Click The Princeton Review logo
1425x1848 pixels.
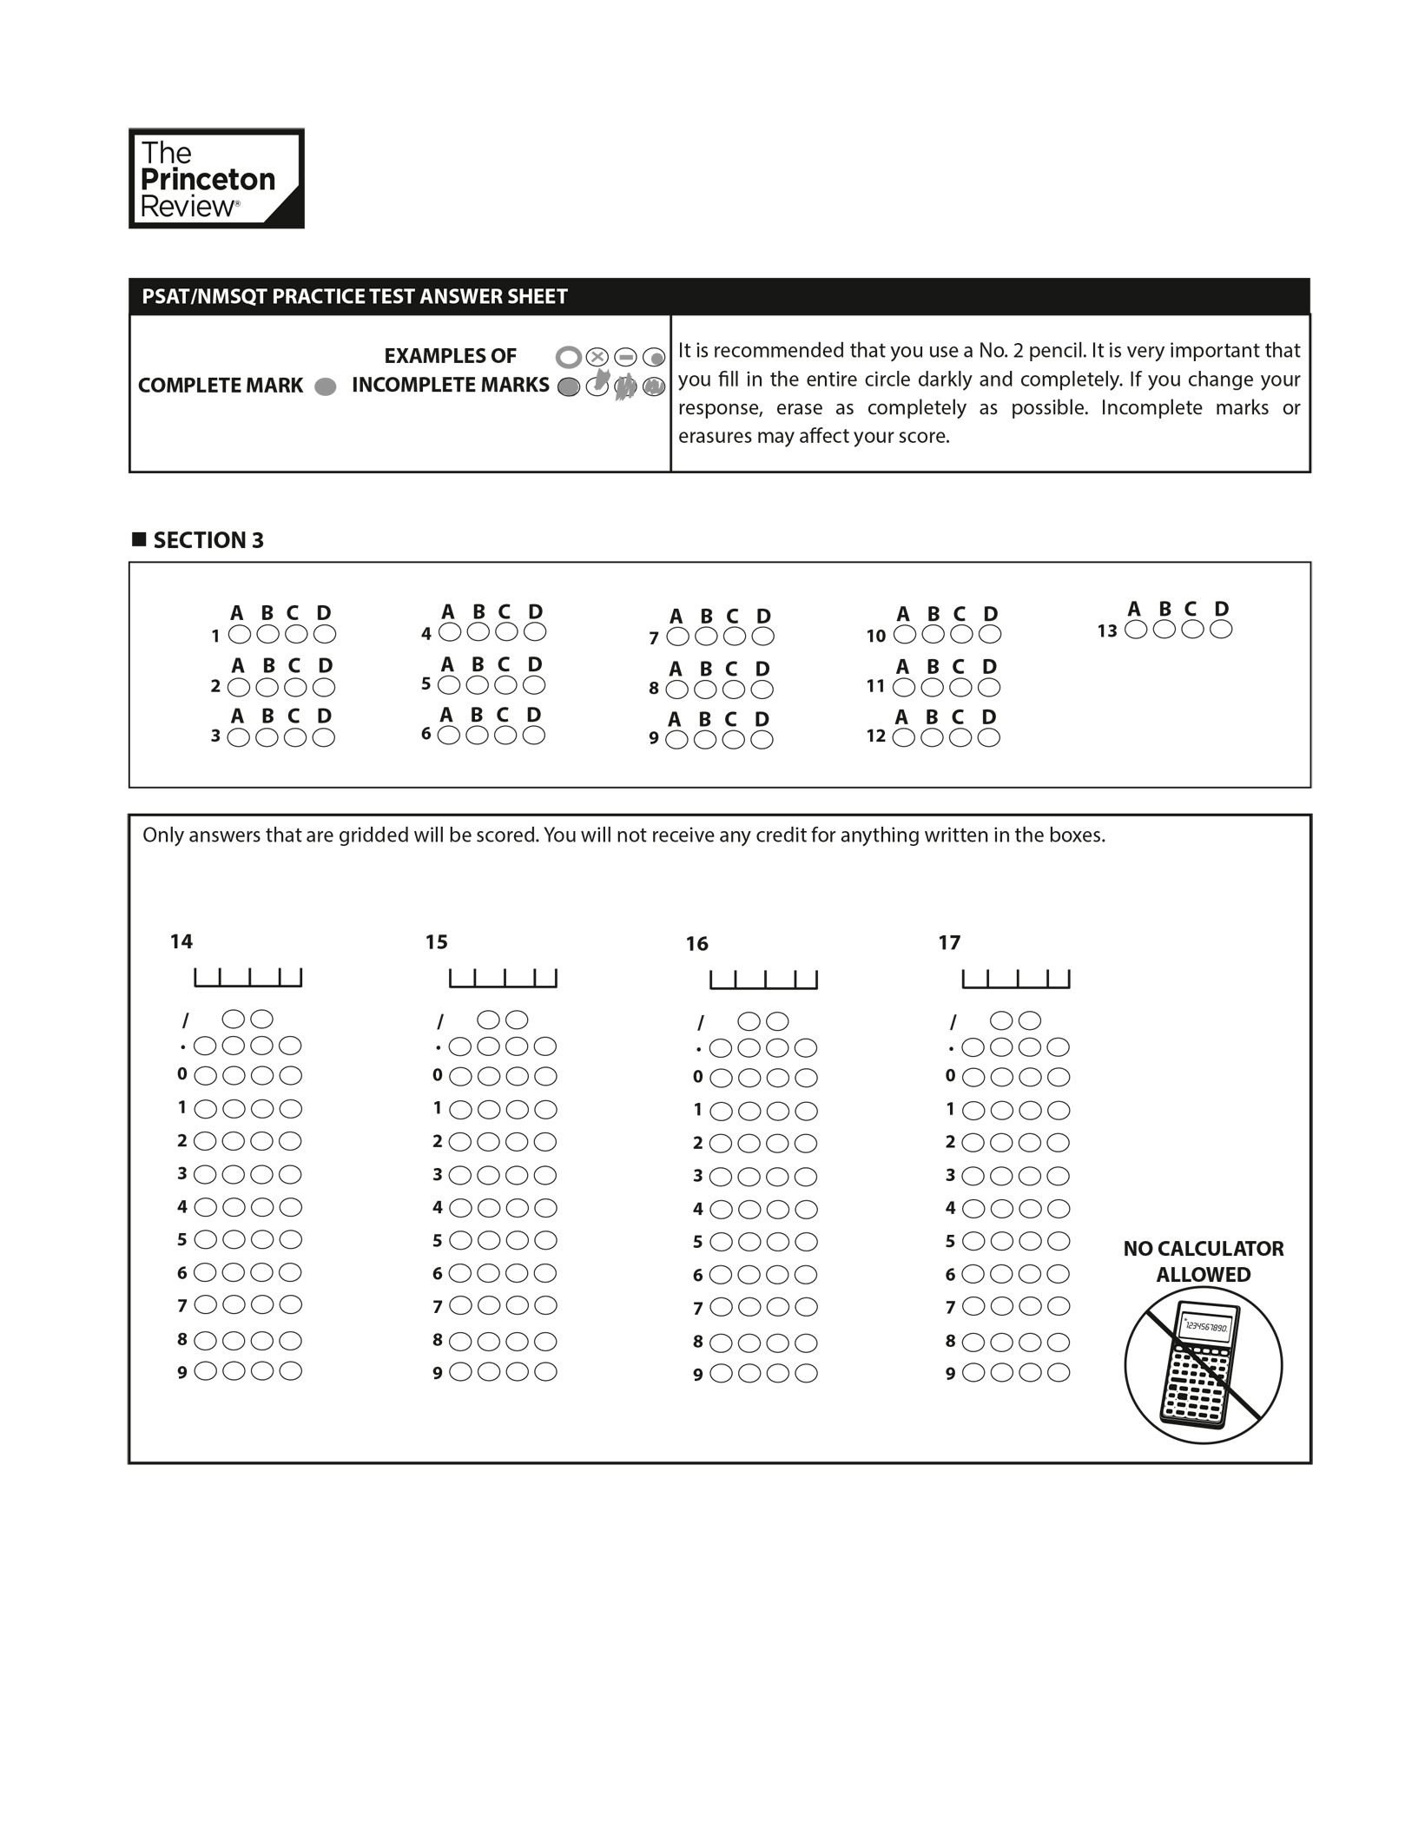point(216,179)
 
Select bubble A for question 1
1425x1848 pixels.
point(239,635)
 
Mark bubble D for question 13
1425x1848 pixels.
point(1221,630)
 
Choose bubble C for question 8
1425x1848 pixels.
point(734,690)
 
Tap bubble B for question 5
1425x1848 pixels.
point(478,685)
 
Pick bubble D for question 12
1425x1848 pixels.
point(989,737)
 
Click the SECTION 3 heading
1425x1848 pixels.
point(208,540)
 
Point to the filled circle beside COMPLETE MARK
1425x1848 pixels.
point(326,387)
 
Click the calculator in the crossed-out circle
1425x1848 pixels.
point(1202,1365)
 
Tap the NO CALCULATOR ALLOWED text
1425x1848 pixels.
point(1203,1261)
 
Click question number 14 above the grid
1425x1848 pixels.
point(181,941)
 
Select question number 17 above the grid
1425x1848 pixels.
point(949,942)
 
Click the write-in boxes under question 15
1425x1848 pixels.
point(503,979)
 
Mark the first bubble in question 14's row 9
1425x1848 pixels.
point(205,1371)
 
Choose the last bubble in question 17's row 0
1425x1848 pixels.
point(1059,1078)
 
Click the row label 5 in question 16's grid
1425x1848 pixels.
point(697,1242)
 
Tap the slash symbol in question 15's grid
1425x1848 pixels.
point(440,1021)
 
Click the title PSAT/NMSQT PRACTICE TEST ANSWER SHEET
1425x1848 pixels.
point(354,297)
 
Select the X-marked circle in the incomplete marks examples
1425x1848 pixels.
point(597,357)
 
